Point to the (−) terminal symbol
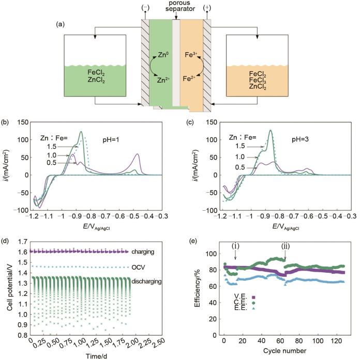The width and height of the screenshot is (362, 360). [x=144, y=8]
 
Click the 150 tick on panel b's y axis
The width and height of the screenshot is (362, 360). [x=21, y=122]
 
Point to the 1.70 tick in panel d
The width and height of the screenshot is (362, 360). [x=21, y=241]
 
